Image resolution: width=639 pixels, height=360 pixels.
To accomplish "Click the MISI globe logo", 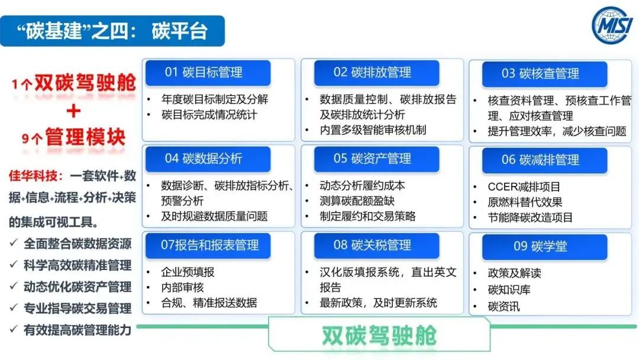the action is [x=613, y=25].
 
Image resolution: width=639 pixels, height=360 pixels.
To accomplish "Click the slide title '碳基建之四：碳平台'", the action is [x=112, y=31].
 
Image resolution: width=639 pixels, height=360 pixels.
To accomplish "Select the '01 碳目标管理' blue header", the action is [x=208, y=73].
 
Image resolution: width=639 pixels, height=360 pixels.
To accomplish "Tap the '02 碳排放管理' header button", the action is [x=376, y=73].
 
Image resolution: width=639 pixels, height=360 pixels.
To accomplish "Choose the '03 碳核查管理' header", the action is [x=544, y=74].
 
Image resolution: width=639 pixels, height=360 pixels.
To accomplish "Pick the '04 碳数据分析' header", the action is [x=208, y=159].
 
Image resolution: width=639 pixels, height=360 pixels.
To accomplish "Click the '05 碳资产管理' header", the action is [x=376, y=159].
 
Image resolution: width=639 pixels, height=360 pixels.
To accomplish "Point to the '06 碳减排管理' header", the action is [x=544, y=160].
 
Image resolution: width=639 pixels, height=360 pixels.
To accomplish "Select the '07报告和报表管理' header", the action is [x=208, y=245].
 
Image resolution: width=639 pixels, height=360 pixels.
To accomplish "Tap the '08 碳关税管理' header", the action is [x=376, y=245].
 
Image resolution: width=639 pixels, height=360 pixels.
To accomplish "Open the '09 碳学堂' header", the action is [x=544, y=246].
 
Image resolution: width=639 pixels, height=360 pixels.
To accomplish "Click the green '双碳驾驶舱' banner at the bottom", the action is [x=379, y=335].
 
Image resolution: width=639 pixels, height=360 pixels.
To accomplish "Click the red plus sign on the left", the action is [x=74, y=111].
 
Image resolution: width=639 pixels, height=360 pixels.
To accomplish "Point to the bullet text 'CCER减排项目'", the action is [x=524, y=187].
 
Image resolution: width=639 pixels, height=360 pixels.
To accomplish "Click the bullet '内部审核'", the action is [x=182, y=287].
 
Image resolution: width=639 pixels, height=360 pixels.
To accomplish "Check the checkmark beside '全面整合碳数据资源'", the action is [x=14, y=243].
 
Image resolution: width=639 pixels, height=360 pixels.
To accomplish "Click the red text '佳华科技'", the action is [x=33, y=176].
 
